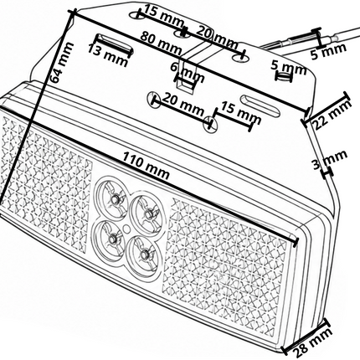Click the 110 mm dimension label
[x=147, y=166]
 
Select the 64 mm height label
[x=62, y=63]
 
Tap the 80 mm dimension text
[x=161, y=43]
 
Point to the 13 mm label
[x=108, y=55]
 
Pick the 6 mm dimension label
[x=188, y=72]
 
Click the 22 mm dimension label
[x=332, y=114]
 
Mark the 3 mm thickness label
[x=330, y=160]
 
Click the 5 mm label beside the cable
[x=329, y=51]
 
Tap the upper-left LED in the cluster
[x=114, y=198]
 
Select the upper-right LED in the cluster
[x=148, y=213]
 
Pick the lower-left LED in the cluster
[x=112, y=239]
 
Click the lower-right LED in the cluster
[x=144, y=254]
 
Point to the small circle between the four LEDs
[x=126, y=229]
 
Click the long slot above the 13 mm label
[x=114, y=44]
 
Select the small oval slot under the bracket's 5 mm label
[x=284, y=76]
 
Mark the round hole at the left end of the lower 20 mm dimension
[x=153, y=99]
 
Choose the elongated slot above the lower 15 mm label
[x=260, y=105]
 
